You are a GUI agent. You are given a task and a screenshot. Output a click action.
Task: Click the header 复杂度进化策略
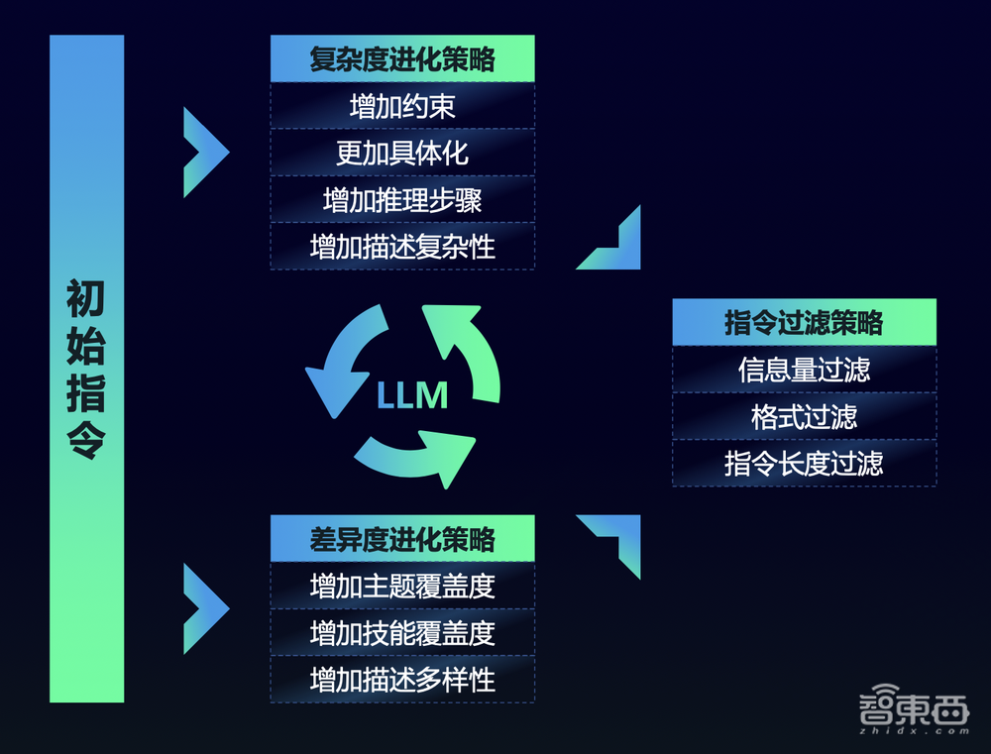pyautogui.click(x=402, y=58)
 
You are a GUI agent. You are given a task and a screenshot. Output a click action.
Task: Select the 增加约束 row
pyautogui.click(x=402, y=106)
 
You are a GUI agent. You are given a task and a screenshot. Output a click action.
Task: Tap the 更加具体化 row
pyautogui.click(x=402, y=153)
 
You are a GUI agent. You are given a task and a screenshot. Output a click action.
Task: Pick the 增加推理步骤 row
pyautogui.click(x=402, y=199)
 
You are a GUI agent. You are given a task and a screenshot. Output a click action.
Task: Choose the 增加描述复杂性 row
pyautogui.click(x=402, y=246)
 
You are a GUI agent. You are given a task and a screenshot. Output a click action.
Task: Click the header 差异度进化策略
pyautogui.click(x=402, y=539)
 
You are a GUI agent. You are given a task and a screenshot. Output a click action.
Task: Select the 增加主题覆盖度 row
pyautogui.click(x=402, y=586)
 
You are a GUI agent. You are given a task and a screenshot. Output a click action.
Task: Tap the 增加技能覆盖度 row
pyautogui.click(x=402, y=632)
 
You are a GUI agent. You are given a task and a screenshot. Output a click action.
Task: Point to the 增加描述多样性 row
pyautogui.click(x=402, y=680)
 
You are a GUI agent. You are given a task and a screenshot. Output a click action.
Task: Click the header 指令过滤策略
pyautogui.click(x=804, y=322)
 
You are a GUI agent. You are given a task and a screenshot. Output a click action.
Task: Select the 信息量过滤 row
pyautogui.click(x=804, y=370)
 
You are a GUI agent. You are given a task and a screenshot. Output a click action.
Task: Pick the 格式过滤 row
pyautogui.click(x=804, y=416)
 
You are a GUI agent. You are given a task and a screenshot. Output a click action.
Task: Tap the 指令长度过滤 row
pyautogui.click(x=804, y=463)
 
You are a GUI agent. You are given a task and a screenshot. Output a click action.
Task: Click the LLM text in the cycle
pyautogui.click(x=412, y=396)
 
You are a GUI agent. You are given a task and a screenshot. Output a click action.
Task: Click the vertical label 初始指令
pyautogui.click(x=86, y=369)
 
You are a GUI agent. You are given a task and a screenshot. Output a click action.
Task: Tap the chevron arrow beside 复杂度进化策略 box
pyautogui.click(x=205, y=153)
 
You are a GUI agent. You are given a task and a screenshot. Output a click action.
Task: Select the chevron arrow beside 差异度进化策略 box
pyautogui.click(x=205, y=608)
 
